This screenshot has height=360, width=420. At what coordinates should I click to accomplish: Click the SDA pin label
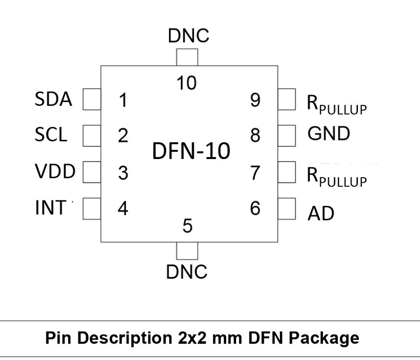(x=53, y=99)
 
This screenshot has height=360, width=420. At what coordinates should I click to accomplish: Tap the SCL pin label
(x=51, y=134)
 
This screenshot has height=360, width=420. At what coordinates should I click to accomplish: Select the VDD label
(x=55, y=171)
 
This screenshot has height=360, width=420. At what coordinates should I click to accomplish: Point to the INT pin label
(x=51, y=207)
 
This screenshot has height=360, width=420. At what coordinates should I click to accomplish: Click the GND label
(x=329, y=133)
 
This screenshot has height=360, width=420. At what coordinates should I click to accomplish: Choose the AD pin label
(x=321, y=213)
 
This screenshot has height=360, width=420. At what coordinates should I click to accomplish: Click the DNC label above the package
(x=189, y=35)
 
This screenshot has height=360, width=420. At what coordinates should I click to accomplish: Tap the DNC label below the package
(x=187, y=272)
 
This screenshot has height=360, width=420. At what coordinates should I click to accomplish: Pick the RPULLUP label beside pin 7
(x=337, y=177)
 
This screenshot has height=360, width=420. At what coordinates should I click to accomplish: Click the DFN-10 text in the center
(x=191, y=151)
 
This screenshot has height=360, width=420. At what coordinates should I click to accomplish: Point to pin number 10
(x=186, y=83)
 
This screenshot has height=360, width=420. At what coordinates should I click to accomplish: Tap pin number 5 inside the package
(x=187, y=226)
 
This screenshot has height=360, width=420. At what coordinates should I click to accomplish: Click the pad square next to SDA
(x=92, y=99)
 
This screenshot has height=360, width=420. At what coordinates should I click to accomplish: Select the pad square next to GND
(x=287, y=136)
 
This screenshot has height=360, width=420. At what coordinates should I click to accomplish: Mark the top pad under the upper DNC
(x=187, y=57)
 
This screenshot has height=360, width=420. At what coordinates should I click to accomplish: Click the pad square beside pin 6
(x=287, y=209)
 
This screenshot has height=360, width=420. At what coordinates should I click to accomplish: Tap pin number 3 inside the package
(x=123, y=173)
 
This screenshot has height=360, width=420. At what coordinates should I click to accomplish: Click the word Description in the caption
(x=125, y=338)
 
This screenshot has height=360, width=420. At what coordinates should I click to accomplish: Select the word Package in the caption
(x=324, y=338)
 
